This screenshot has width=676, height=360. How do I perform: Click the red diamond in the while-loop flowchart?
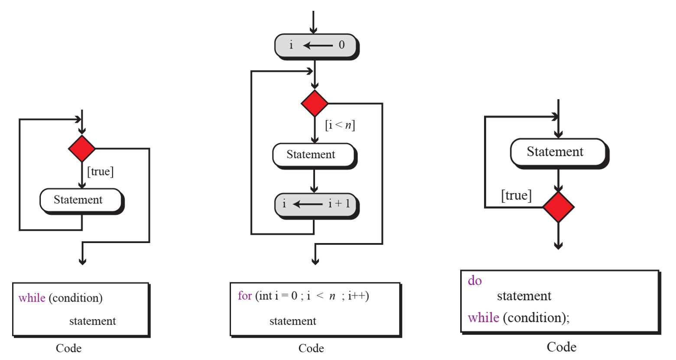coord(82,149)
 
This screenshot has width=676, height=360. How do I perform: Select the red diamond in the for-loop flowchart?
coord(315,104)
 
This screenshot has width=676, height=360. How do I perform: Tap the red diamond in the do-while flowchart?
coord(558,207)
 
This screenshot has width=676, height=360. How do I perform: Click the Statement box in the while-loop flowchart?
coord(81,200)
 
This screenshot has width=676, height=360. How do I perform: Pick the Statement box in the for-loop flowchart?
coord(314,155)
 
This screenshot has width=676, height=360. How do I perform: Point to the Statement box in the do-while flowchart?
coord(558,152)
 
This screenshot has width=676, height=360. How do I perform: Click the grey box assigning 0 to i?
coord(315,45)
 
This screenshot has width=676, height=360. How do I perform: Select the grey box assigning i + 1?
coord(315,204)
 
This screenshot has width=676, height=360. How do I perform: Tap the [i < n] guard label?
coord(340,125)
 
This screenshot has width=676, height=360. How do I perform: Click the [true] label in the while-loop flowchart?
coord(101,172)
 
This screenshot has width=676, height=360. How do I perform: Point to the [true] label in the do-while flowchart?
coord(516,195)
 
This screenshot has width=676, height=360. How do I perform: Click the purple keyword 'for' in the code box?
coord(245,296)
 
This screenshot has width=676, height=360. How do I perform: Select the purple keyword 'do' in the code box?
coord(475,281)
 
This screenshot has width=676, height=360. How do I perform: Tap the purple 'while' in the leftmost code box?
coord(32,298)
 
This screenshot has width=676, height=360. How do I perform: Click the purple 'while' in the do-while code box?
coord(484,318)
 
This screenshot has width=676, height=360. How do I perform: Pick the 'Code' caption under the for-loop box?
coord(311,348)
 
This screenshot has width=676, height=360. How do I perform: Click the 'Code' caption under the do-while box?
coord(561,347)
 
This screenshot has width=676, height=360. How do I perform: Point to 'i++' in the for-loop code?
coord(358,296)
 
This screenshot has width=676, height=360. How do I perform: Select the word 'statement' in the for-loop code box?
coord(293,321)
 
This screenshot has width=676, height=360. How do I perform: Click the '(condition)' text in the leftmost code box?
coord(76,298)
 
